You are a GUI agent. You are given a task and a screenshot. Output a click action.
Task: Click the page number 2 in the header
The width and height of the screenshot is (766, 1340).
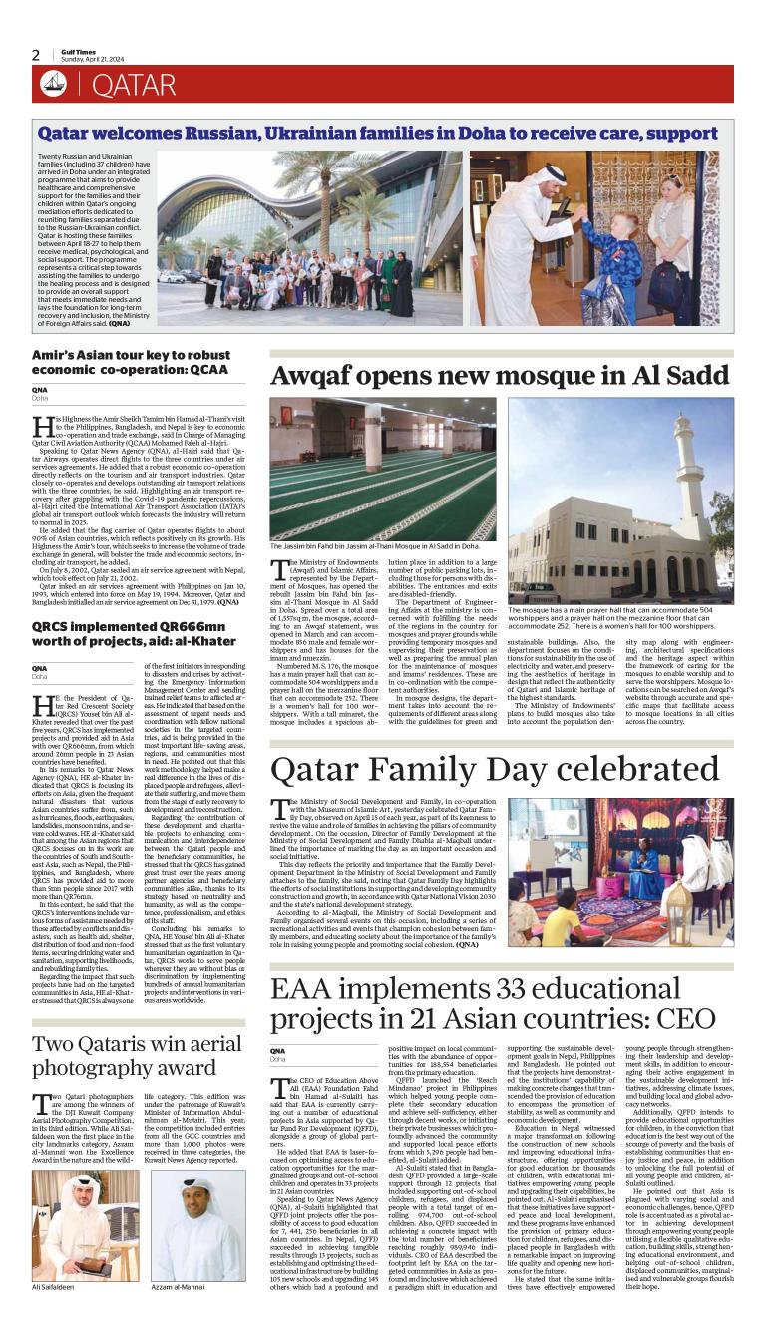coord(36,55)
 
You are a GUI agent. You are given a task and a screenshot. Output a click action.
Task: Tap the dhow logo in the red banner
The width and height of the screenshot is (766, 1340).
coord(54,85)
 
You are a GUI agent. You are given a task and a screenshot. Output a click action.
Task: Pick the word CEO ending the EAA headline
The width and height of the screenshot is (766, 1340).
coord(682,1017)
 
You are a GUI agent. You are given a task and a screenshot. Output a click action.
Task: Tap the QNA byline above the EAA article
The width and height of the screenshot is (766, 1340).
coord(277,1050)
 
